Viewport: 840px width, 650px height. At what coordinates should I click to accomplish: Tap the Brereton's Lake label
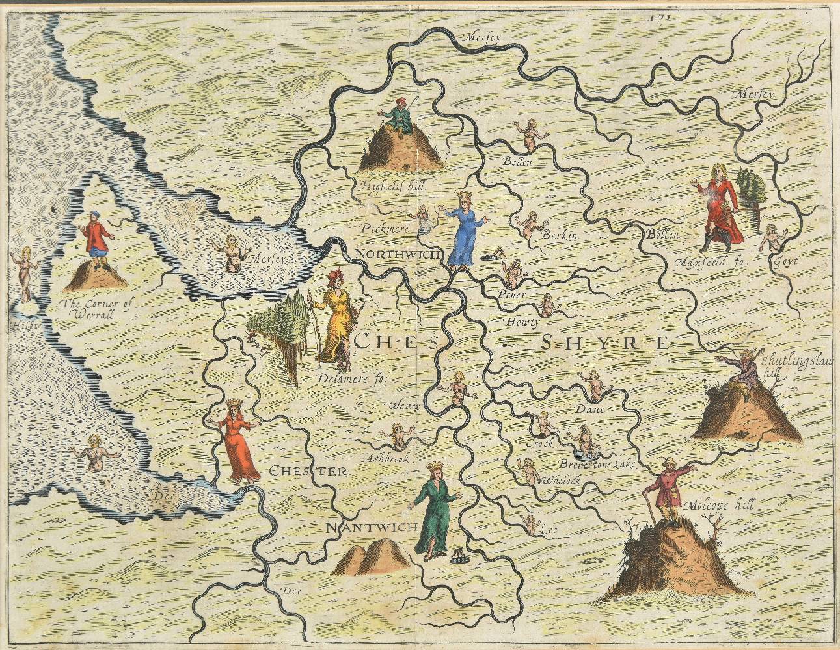[x=595, y=465]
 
